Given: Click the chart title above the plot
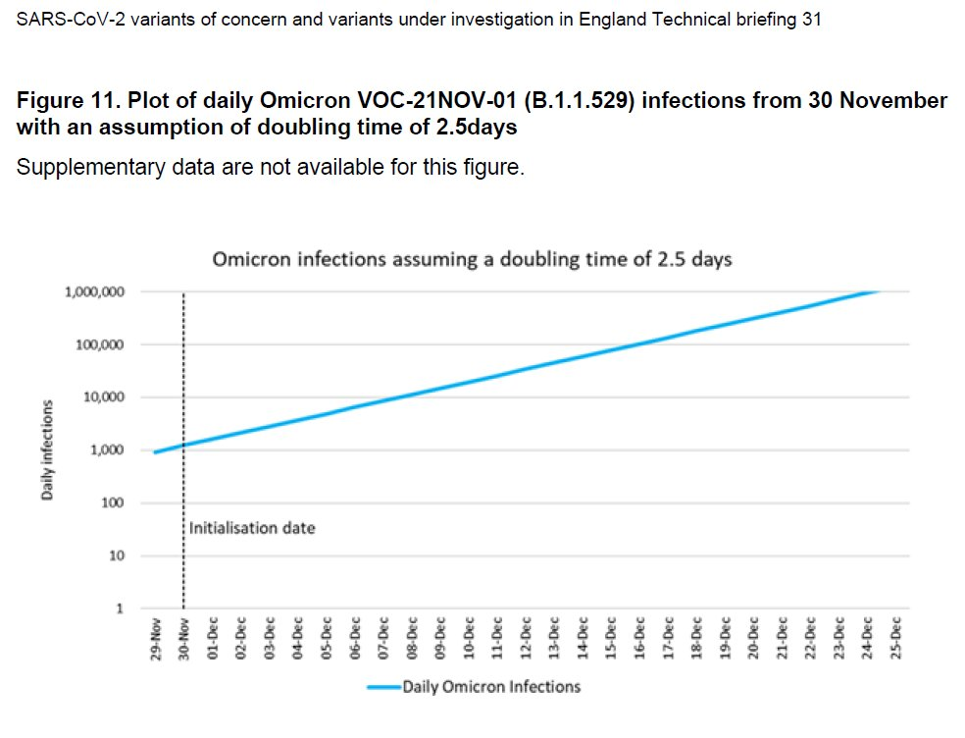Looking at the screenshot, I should tap(473, 260).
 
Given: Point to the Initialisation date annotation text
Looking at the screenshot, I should tap(252, 528).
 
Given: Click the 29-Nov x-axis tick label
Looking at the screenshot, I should tap(156, 640).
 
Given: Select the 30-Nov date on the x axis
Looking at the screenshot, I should tap(184, 640).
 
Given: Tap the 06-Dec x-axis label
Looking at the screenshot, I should tap(355, 640).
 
